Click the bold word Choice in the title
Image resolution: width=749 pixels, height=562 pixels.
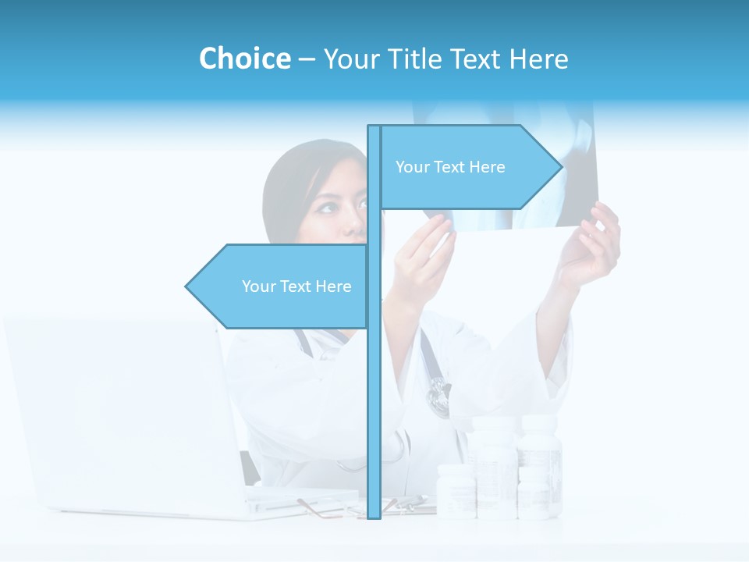(244, 59)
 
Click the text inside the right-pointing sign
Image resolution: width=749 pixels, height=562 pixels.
(450, 167)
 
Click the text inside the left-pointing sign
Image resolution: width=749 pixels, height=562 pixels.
(296, 286)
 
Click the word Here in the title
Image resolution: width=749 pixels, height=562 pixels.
(538, 59)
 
